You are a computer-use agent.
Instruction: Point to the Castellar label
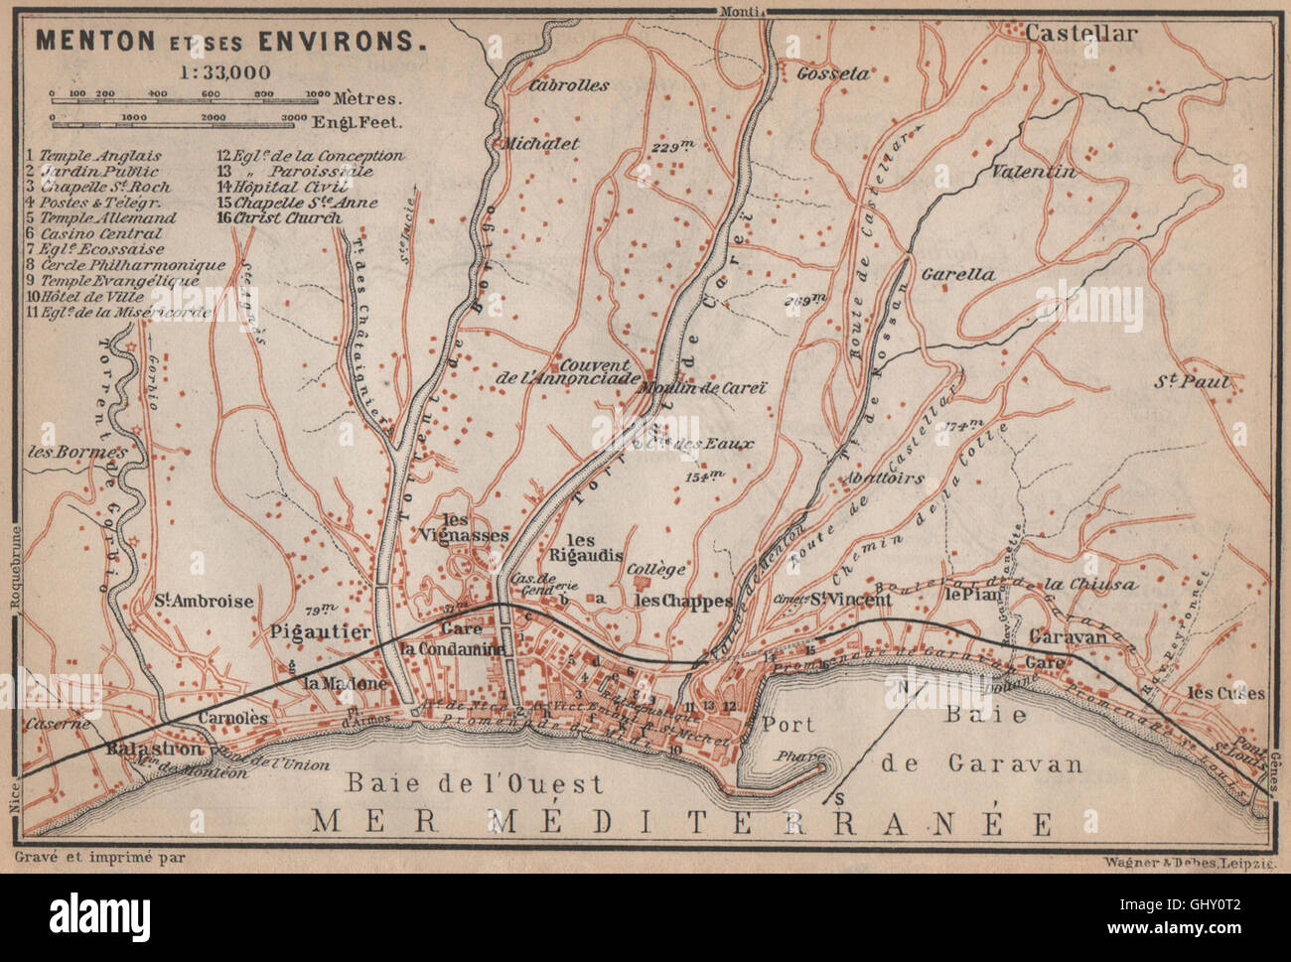1080,34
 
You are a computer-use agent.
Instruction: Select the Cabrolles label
570,85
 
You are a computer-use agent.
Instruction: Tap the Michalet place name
542,142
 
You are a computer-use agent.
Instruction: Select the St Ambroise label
204,602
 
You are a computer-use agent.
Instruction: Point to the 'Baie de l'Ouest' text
474,783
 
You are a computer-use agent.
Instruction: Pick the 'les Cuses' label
1230,694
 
